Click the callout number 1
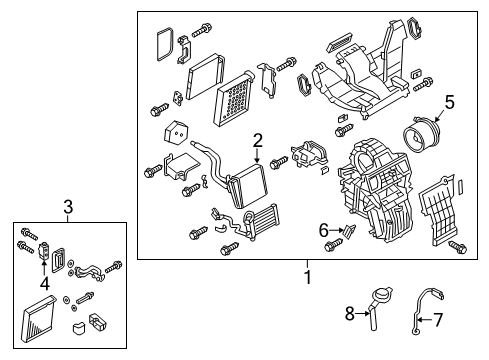[x=307, y=276]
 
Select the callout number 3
[x=68, y=207]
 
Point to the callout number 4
[x=43, y=283]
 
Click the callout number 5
[x=449, y=101]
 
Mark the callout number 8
[x=349, y=314]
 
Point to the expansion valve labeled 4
[x=44, y=250]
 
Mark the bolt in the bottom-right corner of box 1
[x=458, y=246]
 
